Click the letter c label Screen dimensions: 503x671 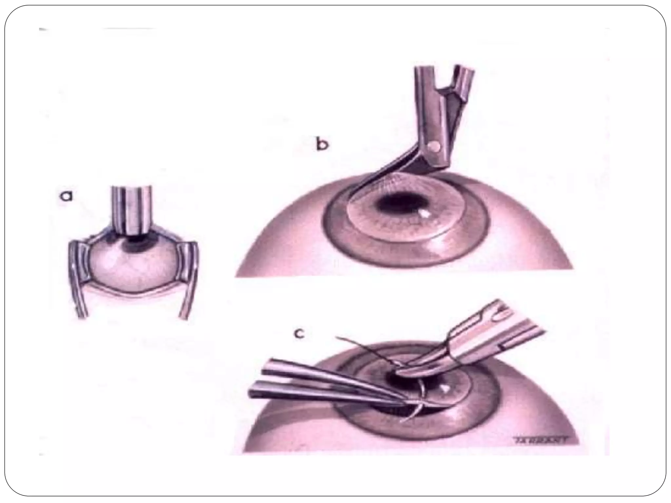click(x=299, y=334)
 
